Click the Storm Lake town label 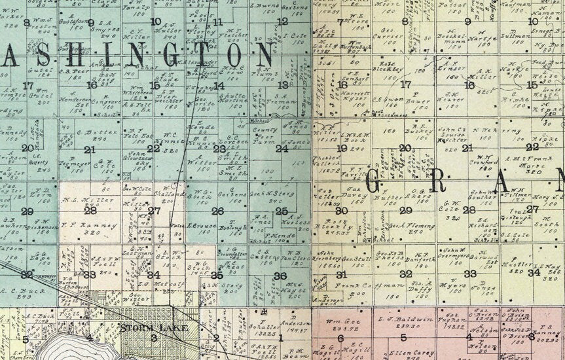(154, 327)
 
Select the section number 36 (280, 276)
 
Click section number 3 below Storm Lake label (153, 338)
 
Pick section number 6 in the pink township (340, 338)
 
